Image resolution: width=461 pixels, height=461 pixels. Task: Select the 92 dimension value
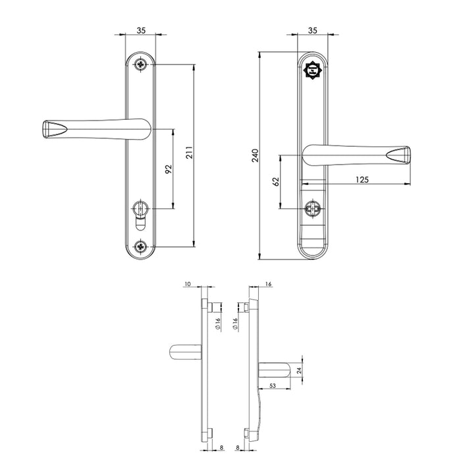pos(168,169)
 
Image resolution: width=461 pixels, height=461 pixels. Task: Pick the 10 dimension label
pos(188,285)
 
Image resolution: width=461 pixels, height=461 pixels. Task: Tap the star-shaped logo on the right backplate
pos(313,70)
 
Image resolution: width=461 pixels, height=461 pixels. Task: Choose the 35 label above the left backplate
pos(141,30)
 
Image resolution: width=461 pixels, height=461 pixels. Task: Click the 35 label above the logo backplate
pos(313,30)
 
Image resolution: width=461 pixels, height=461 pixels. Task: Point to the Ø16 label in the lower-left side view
pos(217,323)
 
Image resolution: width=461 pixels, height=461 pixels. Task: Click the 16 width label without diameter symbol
pos(269,285)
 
